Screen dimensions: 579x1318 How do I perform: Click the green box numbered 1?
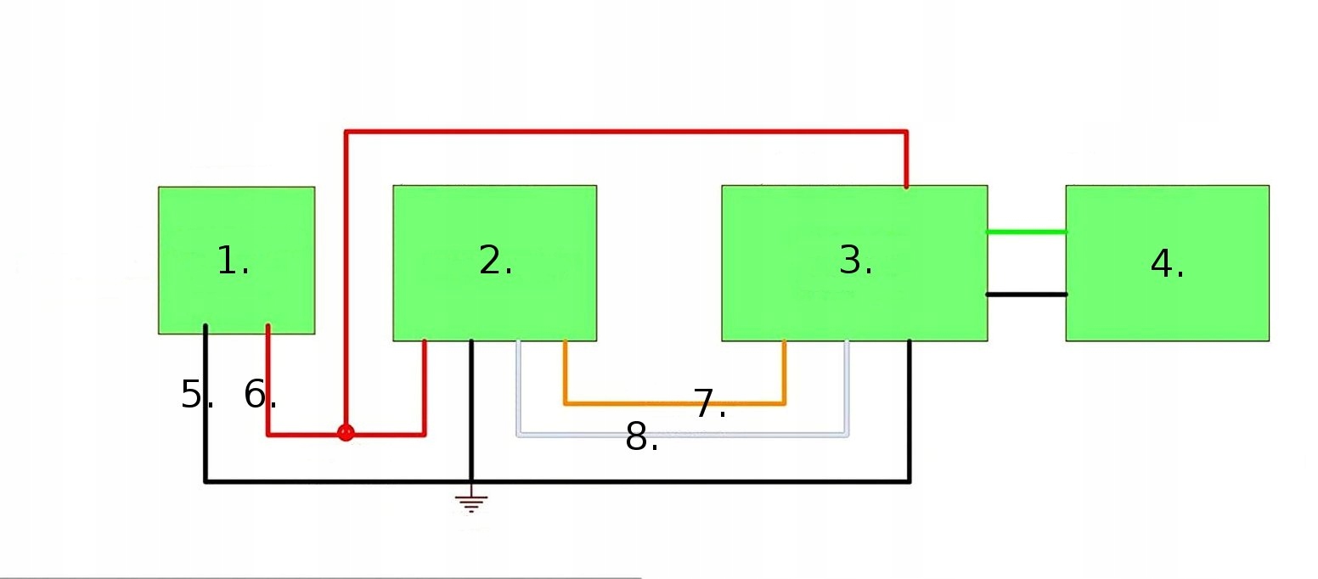236,260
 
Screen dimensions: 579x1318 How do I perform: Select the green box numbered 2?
494,263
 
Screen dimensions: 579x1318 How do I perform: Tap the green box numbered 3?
853,263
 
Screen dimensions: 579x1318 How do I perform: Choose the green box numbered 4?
1167,263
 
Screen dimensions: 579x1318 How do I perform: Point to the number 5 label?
196,395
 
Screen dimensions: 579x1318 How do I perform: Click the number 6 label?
260,395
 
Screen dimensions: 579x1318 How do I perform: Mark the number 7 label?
709,403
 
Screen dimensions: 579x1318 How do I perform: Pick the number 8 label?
641,438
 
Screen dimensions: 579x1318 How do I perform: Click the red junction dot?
345,433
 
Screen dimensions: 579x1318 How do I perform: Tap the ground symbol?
471,503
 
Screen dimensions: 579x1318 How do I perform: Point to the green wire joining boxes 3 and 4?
1026,232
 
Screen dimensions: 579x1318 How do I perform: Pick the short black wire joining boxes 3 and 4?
1026,295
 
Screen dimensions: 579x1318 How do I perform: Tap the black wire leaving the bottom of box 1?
206,408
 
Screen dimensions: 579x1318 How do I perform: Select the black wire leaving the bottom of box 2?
471,408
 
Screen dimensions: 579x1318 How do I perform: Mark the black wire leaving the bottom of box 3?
910,408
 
